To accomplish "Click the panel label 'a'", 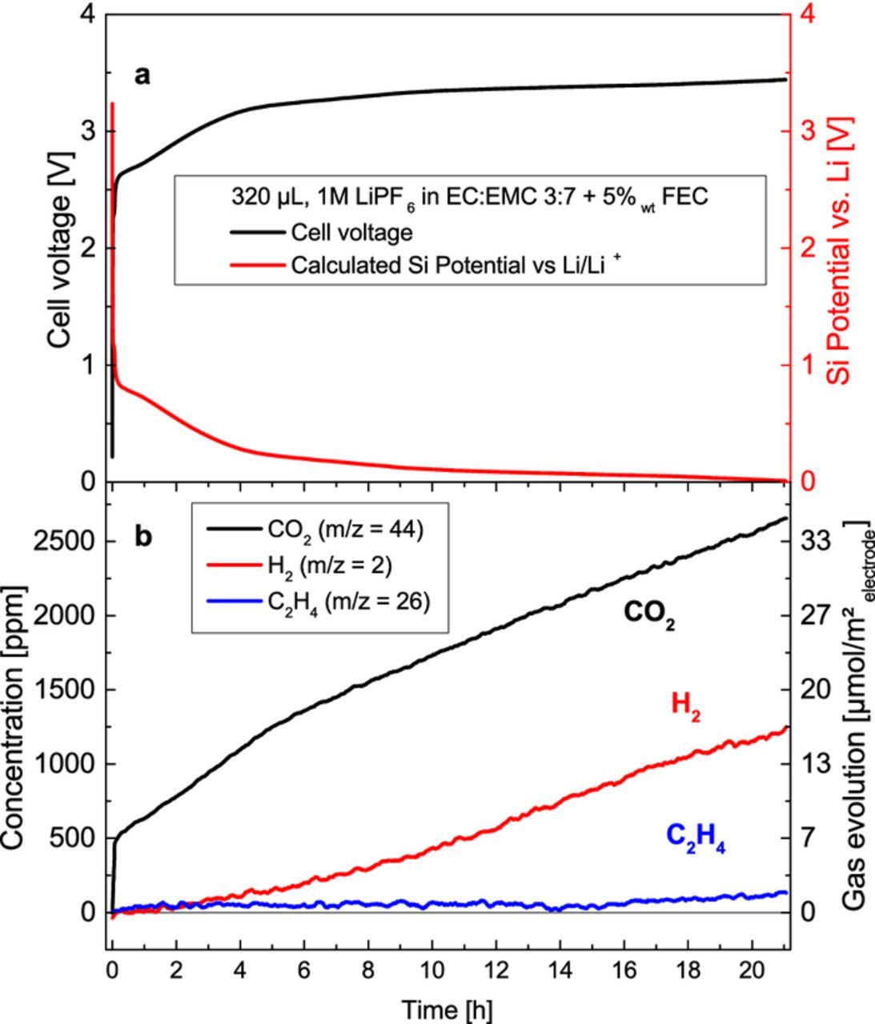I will tap(142, 76).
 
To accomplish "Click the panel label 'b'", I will tap(142, 536).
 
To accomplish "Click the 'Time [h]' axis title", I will tap(448, 1010).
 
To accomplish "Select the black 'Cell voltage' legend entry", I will tap(351, 233).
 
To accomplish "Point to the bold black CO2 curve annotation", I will tap(649, 613).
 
